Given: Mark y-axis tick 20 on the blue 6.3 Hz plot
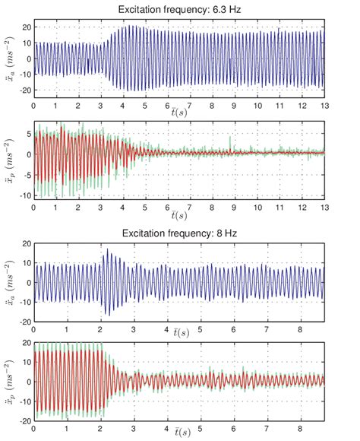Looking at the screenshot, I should (24, 27).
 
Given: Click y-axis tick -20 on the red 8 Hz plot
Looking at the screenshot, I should (22, 420).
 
